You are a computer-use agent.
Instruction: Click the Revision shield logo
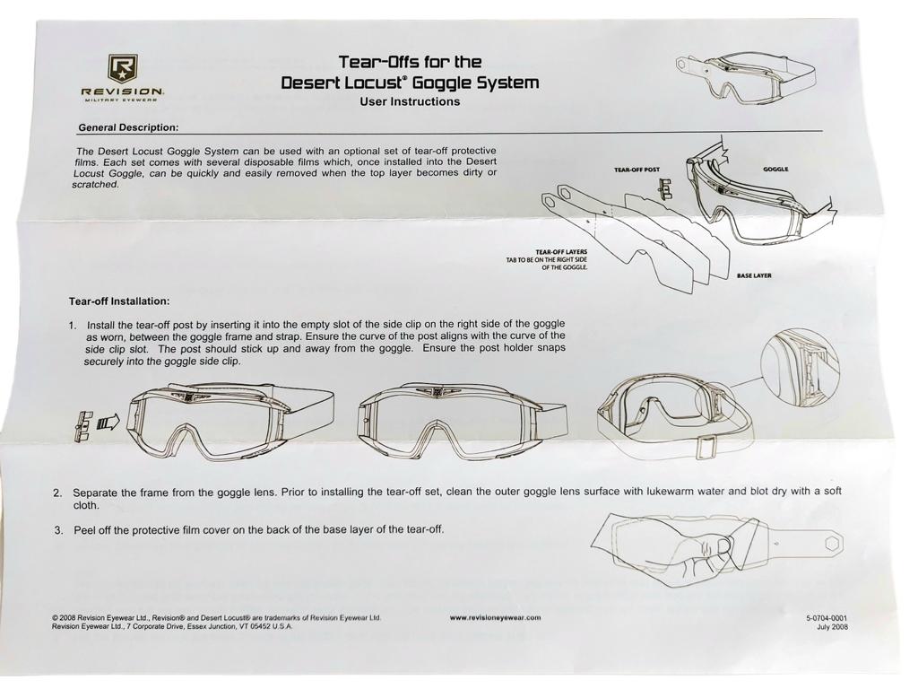122,68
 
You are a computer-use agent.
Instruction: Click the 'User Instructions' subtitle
410,101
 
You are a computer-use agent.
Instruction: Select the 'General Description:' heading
128,127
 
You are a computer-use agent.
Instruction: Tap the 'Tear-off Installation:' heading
119,301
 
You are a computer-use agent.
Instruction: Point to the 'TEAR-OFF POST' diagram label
637,170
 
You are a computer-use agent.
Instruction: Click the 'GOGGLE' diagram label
775,170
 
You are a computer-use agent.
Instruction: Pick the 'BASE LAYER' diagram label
753,275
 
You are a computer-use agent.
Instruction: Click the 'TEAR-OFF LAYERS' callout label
561,252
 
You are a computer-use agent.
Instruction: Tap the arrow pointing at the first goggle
108,422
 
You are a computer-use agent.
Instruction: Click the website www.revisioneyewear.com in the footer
495,617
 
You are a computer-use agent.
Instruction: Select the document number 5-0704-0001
826,617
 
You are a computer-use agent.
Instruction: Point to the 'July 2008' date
832,627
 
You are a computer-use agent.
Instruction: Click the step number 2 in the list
56,493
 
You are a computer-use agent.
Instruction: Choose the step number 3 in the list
58,530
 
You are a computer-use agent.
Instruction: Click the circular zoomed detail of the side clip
800,368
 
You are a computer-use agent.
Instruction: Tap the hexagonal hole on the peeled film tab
832,543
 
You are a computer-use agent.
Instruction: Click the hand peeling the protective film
703,556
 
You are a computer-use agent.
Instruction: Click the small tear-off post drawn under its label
664,188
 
